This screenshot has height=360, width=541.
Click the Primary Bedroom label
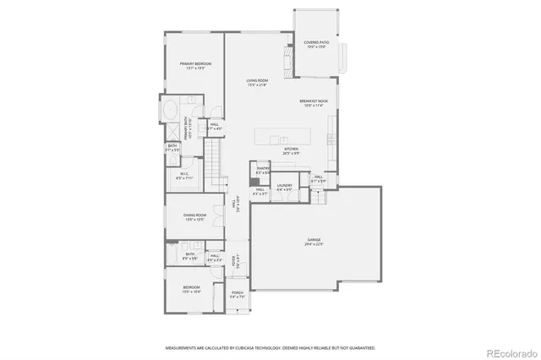(x=194, y=66)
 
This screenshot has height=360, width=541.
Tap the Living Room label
(x=257, y=82)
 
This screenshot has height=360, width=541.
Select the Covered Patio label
(x=317, y=44)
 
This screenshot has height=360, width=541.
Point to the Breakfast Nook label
(x=313, y=103)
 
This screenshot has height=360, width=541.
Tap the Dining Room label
(x=195, y=217)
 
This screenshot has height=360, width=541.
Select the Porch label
(x=238, y=295)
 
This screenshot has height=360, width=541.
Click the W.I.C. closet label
(x=183, y=177)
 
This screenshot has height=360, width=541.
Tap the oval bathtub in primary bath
(x=171, y=110)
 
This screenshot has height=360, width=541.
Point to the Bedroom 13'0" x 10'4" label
(x=192, y=290)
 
